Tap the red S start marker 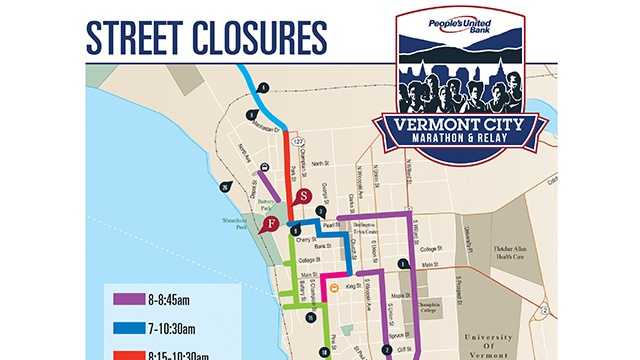(305, 196)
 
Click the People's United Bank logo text (459, 27)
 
